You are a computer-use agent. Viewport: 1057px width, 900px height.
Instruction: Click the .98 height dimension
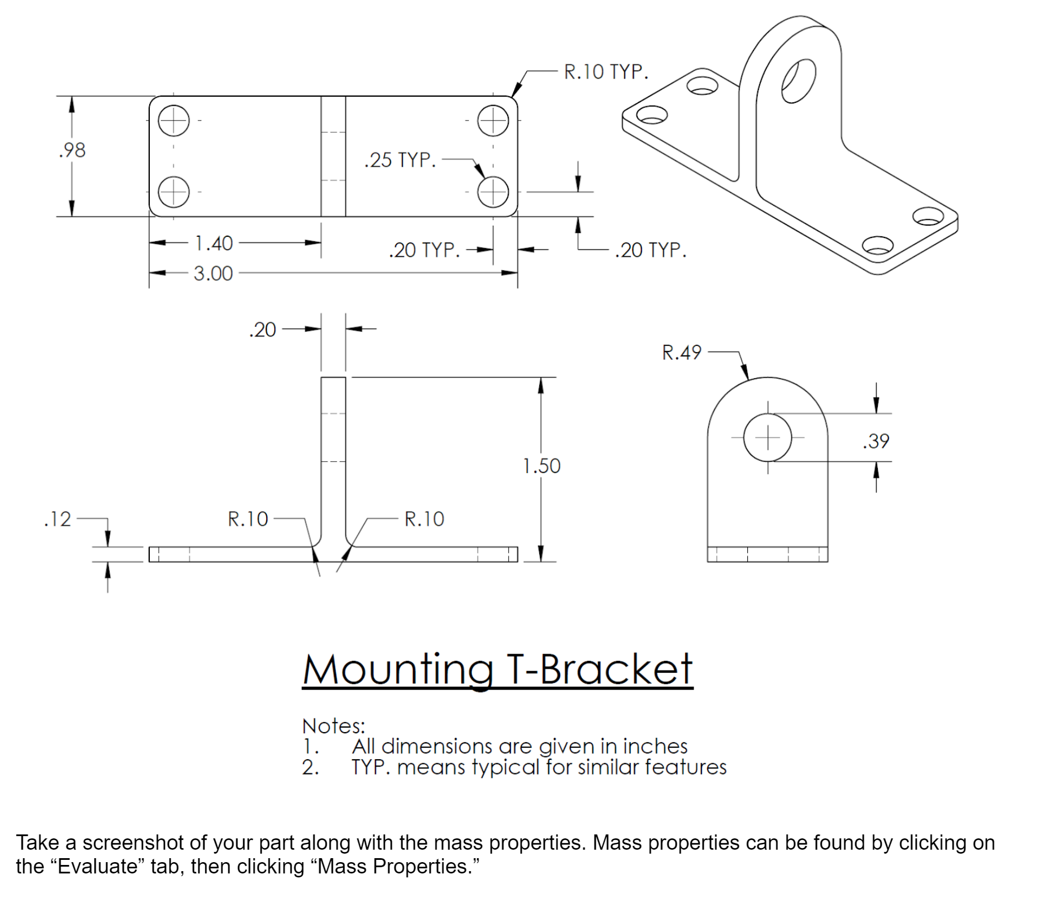pyautogui.click(x=72, y=150)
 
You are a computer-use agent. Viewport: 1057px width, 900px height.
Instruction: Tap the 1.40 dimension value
pyautogui.click(x=214, y=244)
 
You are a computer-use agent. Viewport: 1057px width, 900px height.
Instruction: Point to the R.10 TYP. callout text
pyautogui.click(x=606, y=72)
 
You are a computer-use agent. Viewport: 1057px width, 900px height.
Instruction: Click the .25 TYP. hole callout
pyautogui.click(x=400, y=160)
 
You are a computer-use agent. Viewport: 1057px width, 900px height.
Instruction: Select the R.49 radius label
pyautogui.click(x=681, y=353)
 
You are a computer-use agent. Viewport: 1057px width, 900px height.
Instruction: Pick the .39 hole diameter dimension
pyautogui.click(x=876, y=441)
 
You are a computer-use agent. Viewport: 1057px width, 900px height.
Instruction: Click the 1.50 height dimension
pyautogui.click(x=541, y=466)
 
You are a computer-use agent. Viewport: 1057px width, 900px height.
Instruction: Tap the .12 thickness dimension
pyautogui.click(x=58, y=519)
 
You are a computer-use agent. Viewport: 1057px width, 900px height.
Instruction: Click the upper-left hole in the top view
pyautogui.click(x=174, y=120)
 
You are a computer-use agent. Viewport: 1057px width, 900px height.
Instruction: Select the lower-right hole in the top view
pyautogui.click(x=493, y=192)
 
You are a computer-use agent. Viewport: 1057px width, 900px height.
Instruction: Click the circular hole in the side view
pyautogui.click(x=767, y=438)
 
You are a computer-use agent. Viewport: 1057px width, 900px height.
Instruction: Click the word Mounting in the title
pyautogui.click(x=397, y=670)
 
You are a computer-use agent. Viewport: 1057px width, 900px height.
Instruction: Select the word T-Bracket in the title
pyautogui.click(x=599, y=669)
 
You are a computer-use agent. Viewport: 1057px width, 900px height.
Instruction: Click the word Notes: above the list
pyautogui.click(x=333, y=726)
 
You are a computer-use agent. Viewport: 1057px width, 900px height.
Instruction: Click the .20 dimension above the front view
pyautogui.click(x=262, y=330)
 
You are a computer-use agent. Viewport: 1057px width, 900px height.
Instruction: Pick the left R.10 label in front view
pyautogui.click(x=248, y=519)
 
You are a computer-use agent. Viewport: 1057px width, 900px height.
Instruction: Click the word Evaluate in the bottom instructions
pyautogui.click(x=96, y=866)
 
